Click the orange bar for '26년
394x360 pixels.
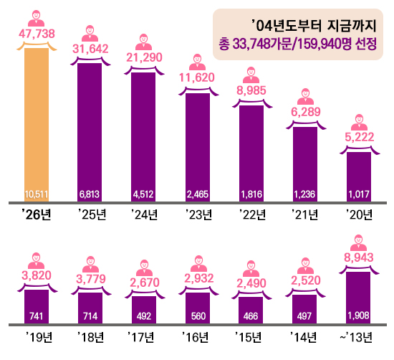[37, 125]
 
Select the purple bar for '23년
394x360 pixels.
[198, 148]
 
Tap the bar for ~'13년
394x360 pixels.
[358, 298]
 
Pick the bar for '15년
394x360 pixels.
[251, 311]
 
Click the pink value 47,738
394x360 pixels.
[37, 34]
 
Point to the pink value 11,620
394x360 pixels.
[197, 77]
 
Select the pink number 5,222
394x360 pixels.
[360, 137]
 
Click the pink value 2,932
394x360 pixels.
[199, 278]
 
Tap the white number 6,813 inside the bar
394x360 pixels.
[90, 194]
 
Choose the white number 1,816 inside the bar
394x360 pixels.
[251, 194]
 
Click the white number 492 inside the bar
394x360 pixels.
[144, 316]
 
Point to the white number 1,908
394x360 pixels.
[359, 316]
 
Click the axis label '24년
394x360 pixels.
[145, 214]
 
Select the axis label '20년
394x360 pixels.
[359, 214]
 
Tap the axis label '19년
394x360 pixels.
[39, 337]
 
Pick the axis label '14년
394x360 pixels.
[303, 337]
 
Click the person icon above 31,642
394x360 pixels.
[90, 33]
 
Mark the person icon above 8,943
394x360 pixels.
[359, 242]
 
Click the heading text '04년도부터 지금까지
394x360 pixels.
[314, 26]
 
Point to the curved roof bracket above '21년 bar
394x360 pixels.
[306, 123]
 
